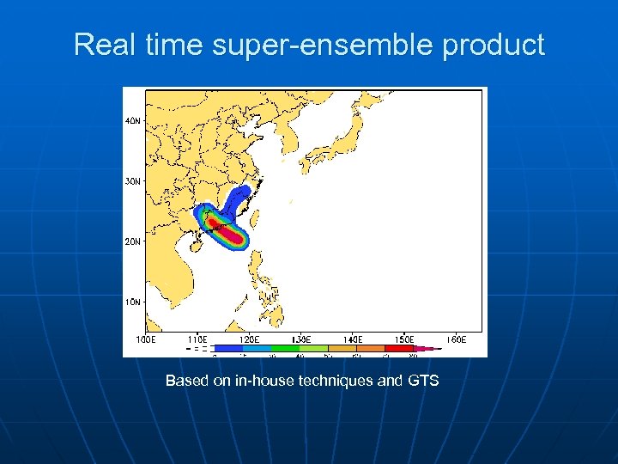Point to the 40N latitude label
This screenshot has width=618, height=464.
point(133,121)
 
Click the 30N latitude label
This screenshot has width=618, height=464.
point(133,181)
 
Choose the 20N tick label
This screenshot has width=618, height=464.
point(133,241)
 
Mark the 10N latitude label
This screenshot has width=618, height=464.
point(133,302)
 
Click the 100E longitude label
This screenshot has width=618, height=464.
point(146,339)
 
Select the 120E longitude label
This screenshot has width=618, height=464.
point(249,339)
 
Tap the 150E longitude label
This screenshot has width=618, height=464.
point(403,339)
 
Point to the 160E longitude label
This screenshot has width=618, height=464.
point(455,339)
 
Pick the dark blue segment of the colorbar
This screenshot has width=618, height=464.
point(227,348)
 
